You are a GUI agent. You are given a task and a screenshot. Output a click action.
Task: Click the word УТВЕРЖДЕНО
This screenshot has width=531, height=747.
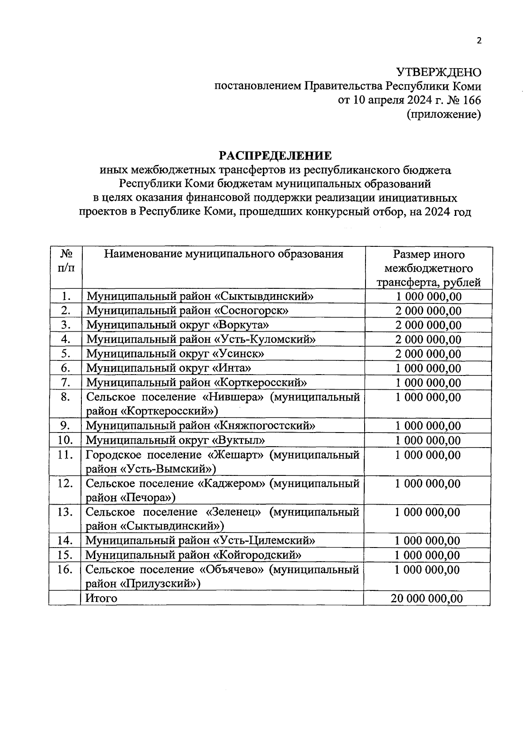pyautogui.click(x=438, y=72)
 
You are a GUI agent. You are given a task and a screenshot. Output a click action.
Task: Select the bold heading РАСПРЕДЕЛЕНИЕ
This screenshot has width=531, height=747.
pyautogui.click(x=275, y=156)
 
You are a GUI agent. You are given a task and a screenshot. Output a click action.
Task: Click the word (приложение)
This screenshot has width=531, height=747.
pyautogui.click(x=443, y=115)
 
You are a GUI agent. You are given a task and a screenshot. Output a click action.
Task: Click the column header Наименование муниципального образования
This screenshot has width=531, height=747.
pyautogui.click(x=223, y=254)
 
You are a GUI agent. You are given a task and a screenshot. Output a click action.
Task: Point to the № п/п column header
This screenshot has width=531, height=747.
pyautogui.click(x=65, y=261)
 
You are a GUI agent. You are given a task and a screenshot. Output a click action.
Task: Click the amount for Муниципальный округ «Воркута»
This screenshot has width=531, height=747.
pyautogui.click(x=428, y=325)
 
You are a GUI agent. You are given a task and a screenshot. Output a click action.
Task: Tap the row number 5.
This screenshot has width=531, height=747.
pyautogui.click(x=65, y=354)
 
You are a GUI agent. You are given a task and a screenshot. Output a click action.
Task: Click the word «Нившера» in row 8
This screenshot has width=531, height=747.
pyautogui.click(x=233, y=397)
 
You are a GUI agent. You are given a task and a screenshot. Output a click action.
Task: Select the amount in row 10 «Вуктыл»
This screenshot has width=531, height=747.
pyautogui.click(x=427, y=441)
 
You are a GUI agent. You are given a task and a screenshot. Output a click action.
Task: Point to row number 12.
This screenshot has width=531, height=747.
pyautogui.click(x=65, y=483)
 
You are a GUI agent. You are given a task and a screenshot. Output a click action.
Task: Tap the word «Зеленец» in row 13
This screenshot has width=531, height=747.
pyautogui.click(x=233, y=512)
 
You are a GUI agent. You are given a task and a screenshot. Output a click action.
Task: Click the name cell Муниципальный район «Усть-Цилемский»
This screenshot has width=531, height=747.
pyautogui.click(x=200, y=540)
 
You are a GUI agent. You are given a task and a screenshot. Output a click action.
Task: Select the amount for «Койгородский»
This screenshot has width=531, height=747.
pyautogui.click(x=427, y=555)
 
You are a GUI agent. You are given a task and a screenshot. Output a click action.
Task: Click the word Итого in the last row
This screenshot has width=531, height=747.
pyautogui.click(x=101, y=598)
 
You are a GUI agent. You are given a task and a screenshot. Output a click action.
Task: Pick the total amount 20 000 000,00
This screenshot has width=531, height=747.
pyautogui.click(x=427, y=598)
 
